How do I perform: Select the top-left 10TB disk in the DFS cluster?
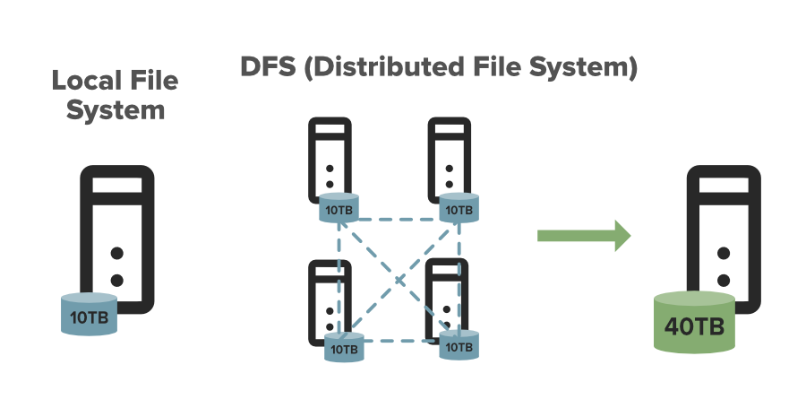pyautogui.click(x=339, y=209)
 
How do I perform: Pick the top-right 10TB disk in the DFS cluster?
pyautogui.click(x=459, y=209)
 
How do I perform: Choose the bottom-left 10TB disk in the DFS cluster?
pyautogui.click(x=341, y=346)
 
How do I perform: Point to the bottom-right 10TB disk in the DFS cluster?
pyautogui.click(x=458, y=345)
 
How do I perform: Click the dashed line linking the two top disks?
pyautogui.click(x=399, y=218)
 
